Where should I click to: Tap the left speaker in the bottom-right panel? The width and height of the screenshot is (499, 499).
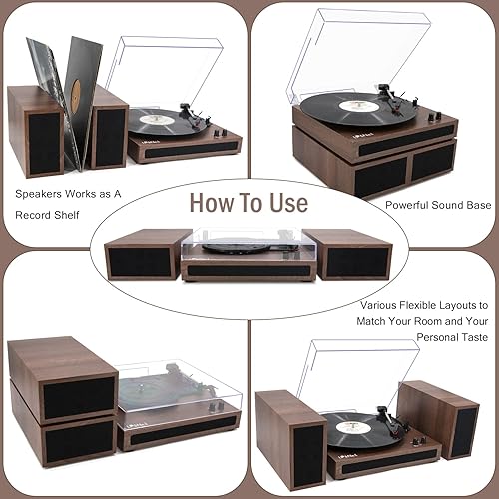point(290,440)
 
